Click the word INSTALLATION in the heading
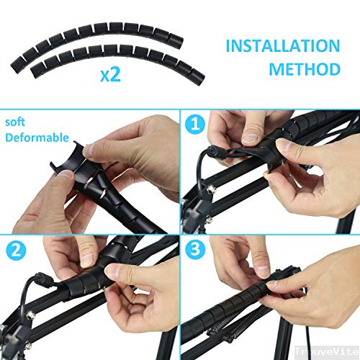coord(282,46)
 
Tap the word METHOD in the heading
coord(304,70)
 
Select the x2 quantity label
coord(110,75)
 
